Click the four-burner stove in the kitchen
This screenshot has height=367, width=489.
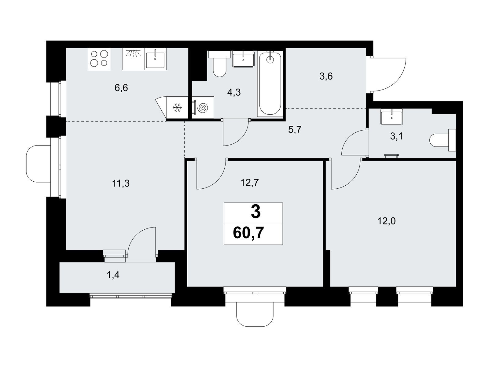99,59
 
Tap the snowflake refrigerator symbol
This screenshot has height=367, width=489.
177,108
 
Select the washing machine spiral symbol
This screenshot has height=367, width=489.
203,108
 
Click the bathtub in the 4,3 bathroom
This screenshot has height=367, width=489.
270,83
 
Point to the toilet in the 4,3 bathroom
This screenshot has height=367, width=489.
219,64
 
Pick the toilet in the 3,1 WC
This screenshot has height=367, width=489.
442,140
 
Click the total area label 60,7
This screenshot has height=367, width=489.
248,233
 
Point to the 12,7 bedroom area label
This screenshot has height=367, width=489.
249,183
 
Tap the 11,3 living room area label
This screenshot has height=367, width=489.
121,183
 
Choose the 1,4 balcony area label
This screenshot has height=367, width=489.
113,276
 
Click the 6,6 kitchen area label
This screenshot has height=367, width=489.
121,88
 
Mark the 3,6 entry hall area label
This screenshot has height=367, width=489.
326,76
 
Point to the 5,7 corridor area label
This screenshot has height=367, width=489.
295,129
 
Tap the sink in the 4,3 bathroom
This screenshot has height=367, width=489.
243,59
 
